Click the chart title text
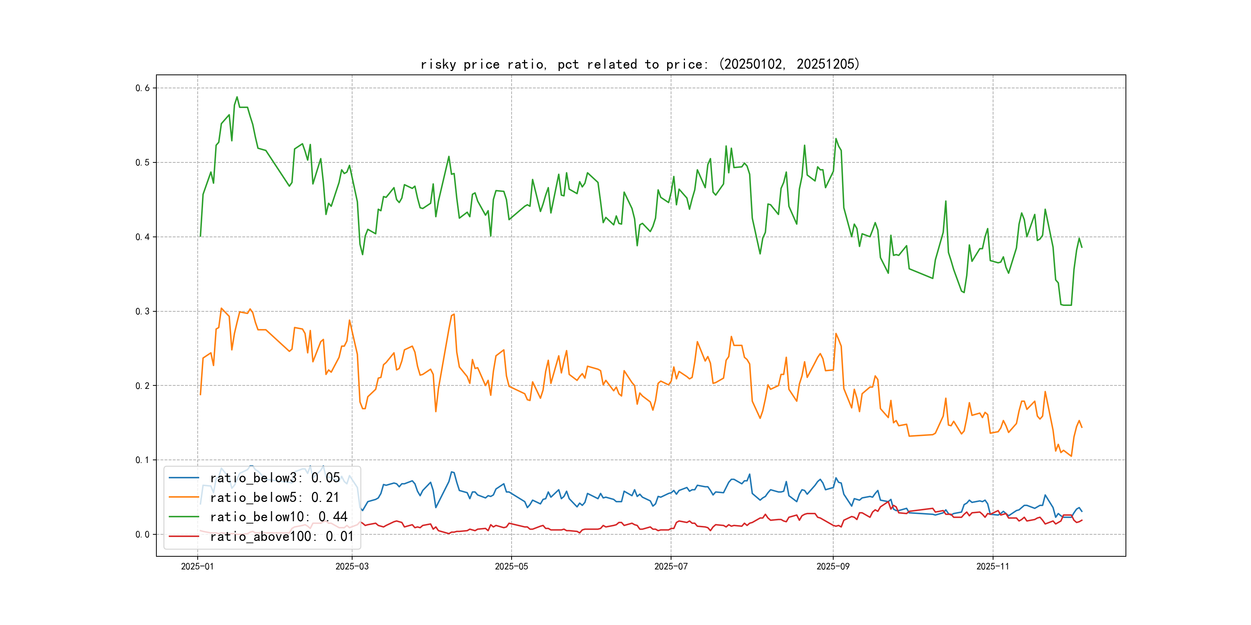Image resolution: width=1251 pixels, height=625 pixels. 639,64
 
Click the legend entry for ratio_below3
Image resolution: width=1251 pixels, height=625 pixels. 275,478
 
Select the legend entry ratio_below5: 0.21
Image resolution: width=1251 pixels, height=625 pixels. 275,497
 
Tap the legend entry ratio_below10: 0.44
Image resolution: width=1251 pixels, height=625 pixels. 278,517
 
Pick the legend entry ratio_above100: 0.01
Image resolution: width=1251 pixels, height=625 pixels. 282,536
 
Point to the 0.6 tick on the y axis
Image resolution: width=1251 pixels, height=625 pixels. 142,88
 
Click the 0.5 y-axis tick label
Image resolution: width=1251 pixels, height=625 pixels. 142,162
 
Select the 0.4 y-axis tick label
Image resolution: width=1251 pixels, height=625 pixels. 142,237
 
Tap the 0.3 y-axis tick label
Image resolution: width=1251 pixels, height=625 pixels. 142,311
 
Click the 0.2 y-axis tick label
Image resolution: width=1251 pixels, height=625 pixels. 142,386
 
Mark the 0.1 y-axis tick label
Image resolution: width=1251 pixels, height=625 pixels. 142,460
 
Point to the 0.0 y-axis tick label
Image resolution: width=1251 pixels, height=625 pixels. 142,534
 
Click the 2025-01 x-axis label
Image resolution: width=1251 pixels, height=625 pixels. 197,566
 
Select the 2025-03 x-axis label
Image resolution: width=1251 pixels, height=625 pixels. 352,566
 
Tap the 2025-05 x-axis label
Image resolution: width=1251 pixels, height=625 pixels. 511,566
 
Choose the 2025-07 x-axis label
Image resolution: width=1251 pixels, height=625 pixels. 671,566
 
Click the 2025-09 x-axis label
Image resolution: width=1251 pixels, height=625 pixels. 833,566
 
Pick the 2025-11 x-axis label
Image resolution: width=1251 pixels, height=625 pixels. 993,566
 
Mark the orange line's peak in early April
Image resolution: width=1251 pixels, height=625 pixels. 454,314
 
